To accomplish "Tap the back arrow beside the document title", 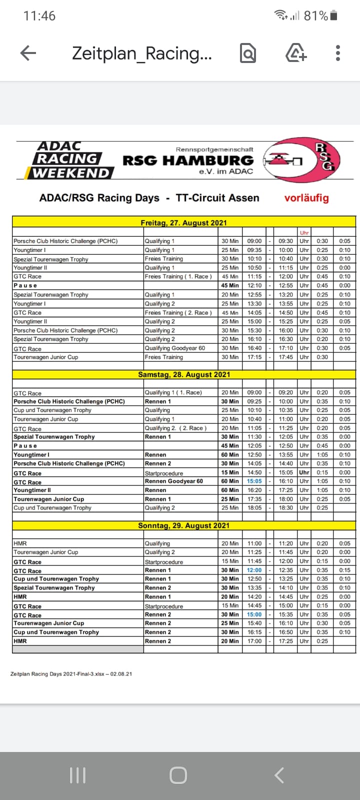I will [x=28, y=53].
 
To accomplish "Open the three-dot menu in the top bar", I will [x=338, y=53].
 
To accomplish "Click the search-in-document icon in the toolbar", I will [x=248, y=53].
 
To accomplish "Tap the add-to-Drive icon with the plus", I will [x=295, y=53].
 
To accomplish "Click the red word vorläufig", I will [x=306, y=198].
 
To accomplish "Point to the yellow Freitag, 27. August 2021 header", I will [x=183, y=222].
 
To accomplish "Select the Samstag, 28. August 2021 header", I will [x=183, y=374].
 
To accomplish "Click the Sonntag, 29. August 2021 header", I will [x=183, y=525].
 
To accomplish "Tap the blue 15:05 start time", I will [x=254, y=481].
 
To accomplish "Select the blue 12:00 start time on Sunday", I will [x=254, y=570].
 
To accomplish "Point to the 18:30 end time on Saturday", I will [x=286, y=508].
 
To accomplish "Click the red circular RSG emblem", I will [x=302, y=160].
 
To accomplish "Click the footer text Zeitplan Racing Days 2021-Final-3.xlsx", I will [x=71, y=674].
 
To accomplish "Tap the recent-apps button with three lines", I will [x=77, y=775].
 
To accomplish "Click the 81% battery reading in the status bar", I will [x=315, y=16].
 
